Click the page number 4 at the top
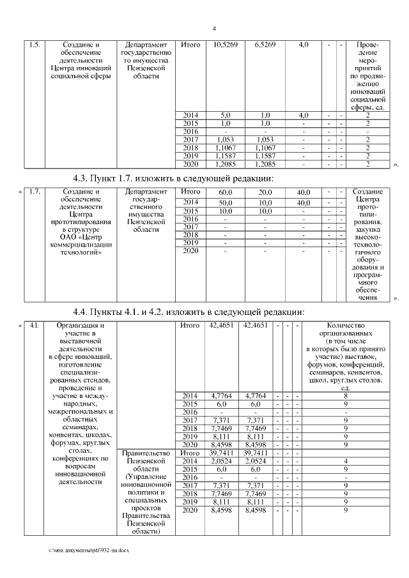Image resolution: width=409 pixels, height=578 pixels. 214,28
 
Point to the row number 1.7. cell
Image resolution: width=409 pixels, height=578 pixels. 35,192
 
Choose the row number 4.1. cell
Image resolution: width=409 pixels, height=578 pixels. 35,326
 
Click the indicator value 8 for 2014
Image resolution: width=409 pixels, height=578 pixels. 346,396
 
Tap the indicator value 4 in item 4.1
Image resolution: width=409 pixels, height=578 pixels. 346,460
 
